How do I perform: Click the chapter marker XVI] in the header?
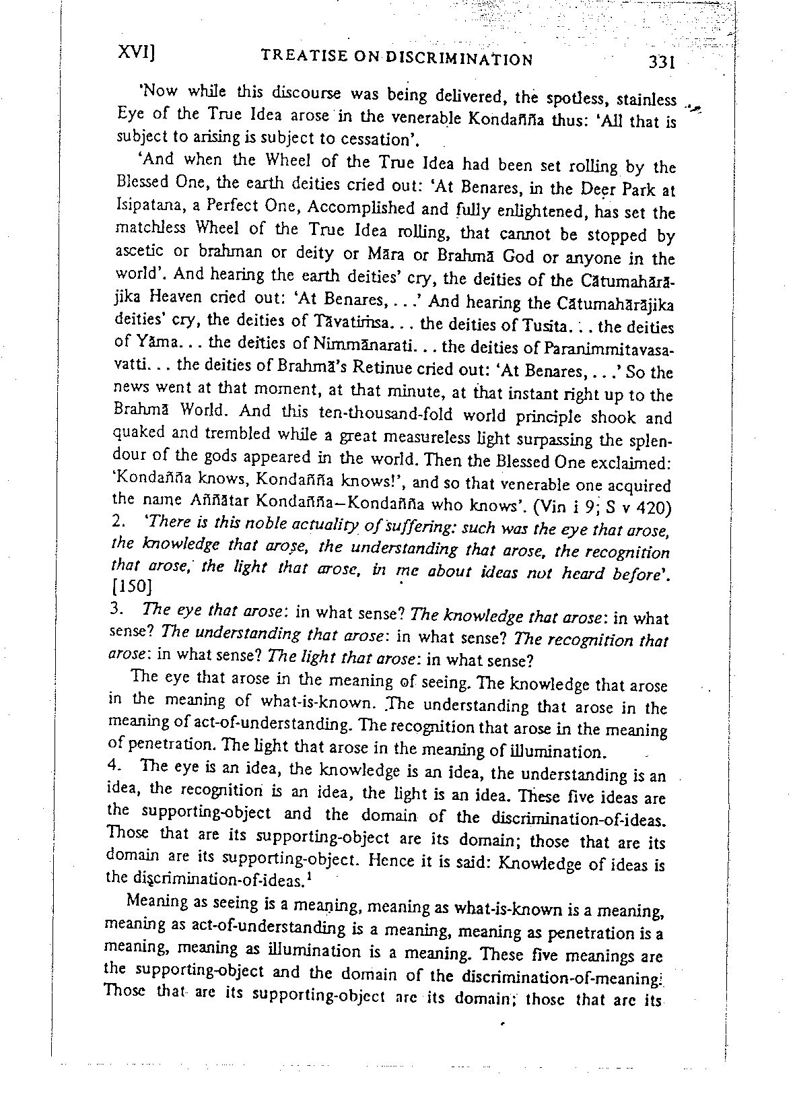coord(137,53)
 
